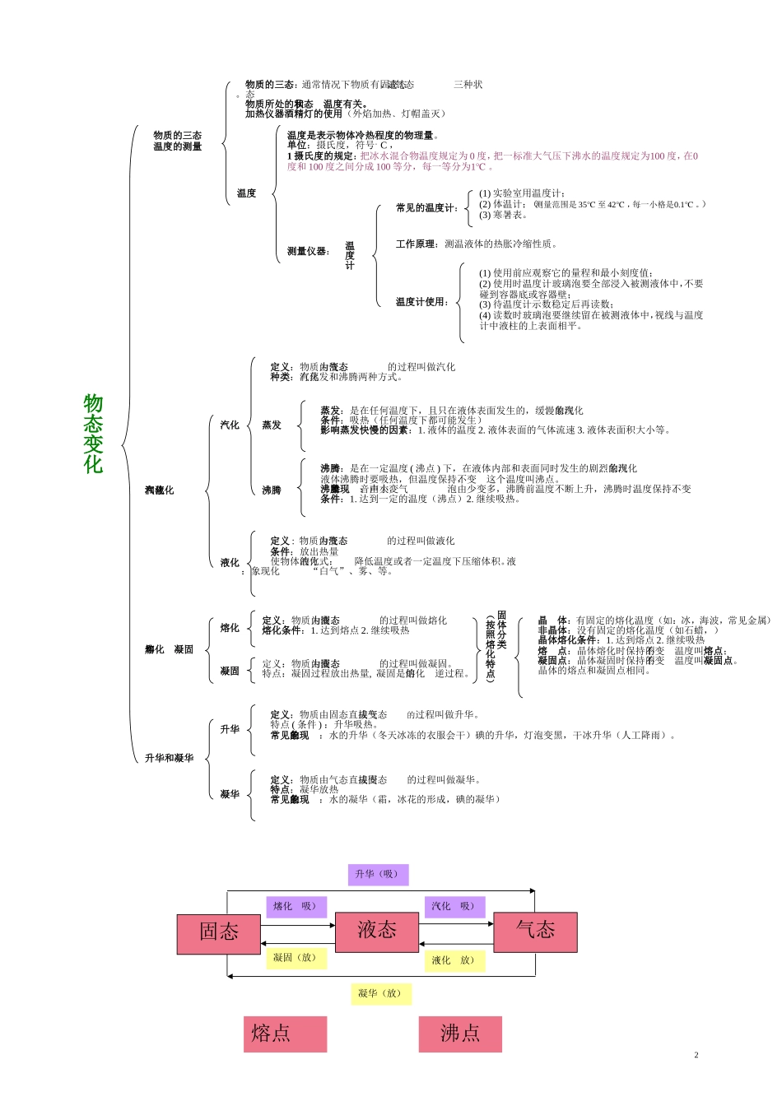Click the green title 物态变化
click(x=93, y=434)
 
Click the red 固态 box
click(x=219, y=933)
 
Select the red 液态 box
click(x=377, y=932)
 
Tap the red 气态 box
click(x=535, y=932)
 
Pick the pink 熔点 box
click(x=285, y=1034)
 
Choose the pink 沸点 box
click(x=460, y=1034)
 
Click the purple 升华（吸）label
click(x=378, y=874)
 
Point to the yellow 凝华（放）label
click(x=379, y=993)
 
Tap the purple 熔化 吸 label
click(x=295, y=906)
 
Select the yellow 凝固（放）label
click(x=295, y=958)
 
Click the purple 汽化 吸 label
click(x=454, y=906)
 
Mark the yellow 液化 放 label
click(x=454, y=960)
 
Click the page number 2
click(x=696, y=1055)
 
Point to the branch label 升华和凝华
click(x=170, y=758)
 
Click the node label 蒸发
click(x=272, y=425)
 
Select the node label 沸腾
click(x=272, y=490)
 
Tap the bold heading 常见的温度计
click(x=426, y=208)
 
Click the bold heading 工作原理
click(x=417, y=244)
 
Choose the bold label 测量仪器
click(x=308, y=252)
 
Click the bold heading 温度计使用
click(x=421, y=302)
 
